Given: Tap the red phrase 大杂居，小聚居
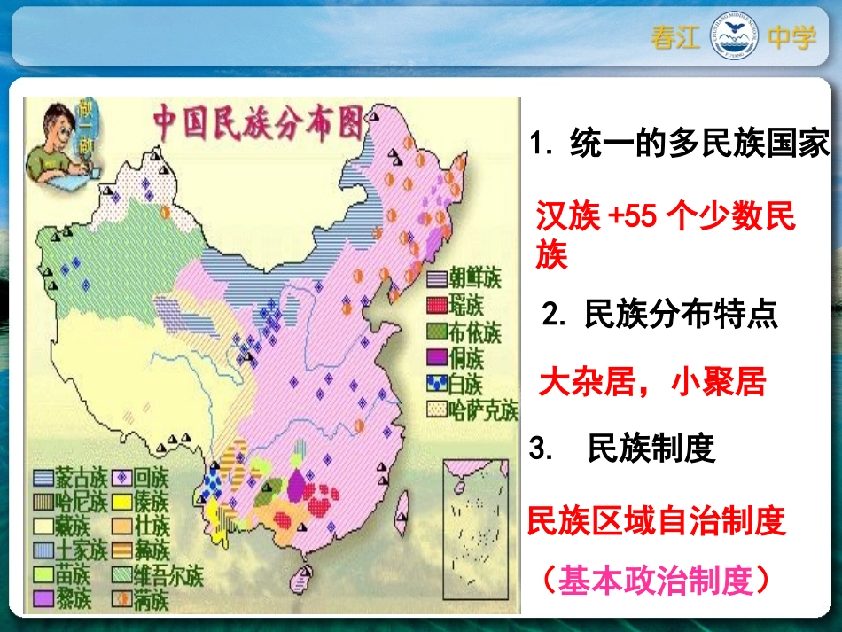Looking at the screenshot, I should [x=651, y=383].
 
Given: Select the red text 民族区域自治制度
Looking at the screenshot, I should [x=656, y=521].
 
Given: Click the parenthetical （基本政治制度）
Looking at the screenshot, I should [x=655, y=581].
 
